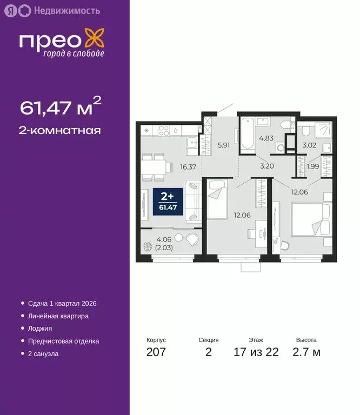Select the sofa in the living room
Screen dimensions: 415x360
click(194, 202)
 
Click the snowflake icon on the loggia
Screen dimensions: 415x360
click(147, 247)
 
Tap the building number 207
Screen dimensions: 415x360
click(156, 353)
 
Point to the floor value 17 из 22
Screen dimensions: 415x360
click(256, 353)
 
